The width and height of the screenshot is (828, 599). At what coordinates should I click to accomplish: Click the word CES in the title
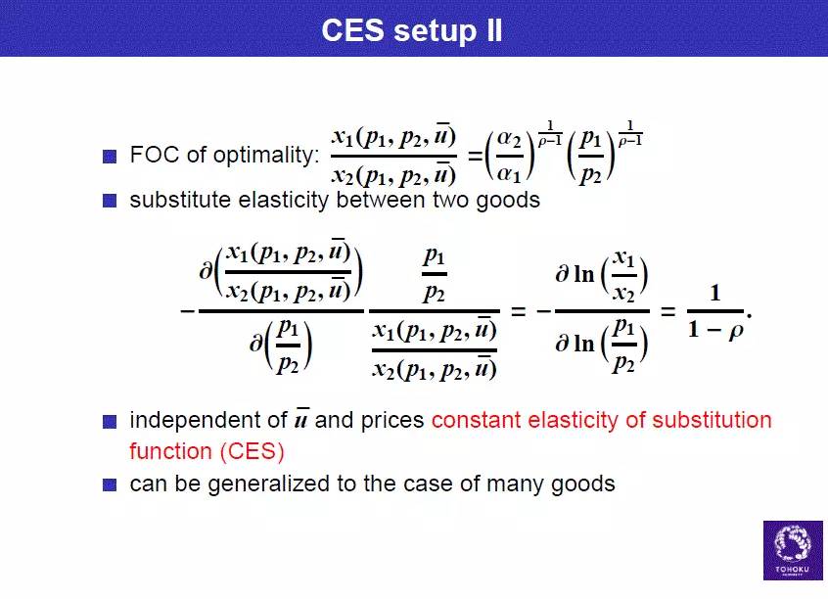[x=352, y=29]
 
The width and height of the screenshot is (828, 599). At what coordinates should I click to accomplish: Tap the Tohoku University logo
[x=793, y=550]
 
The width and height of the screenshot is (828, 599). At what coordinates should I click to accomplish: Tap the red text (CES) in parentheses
[x=252, y=451]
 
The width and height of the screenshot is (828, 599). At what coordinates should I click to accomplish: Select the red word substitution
[x=712, y=421]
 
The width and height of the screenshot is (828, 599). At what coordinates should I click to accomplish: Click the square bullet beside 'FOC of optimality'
[x=110, y=157]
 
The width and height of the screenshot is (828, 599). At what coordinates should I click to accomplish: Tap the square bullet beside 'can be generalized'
[x=110, y=484]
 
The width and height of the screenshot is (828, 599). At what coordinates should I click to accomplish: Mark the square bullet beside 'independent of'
[x=110, y=422]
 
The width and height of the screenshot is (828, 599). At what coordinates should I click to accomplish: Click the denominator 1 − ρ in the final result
[x=715, y=330]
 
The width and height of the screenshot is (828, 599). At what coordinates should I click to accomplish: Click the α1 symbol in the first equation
[x=510, y=173]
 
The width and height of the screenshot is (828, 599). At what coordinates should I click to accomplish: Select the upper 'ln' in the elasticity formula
[x=584, y=274]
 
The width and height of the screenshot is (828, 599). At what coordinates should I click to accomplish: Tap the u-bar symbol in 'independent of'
[x=301, y=418]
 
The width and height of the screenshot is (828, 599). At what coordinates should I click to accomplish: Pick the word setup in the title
[x=436, y=30]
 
